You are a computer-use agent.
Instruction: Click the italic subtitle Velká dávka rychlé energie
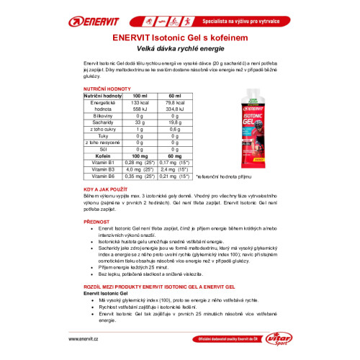coord(180,47)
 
